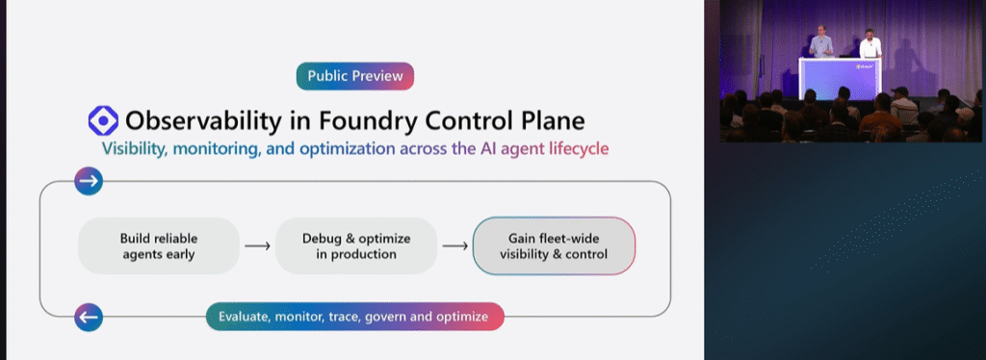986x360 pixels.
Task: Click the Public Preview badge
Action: pos(355,76)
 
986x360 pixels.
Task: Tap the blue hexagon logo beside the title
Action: pos(102,120)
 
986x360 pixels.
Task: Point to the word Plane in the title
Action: pos(549,121)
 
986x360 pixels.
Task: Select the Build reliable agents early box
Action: pos(158,245)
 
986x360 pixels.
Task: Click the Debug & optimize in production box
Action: pos(355,245)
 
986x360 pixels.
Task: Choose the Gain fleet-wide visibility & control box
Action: pos(554,245)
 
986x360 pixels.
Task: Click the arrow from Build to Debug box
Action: pos(257,246)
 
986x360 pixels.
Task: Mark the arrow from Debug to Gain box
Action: pos(454,246)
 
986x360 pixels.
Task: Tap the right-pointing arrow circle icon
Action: pos(89,181)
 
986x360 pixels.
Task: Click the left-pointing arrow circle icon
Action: pos(89,316)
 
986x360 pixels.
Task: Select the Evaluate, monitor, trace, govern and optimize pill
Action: pos(355,316)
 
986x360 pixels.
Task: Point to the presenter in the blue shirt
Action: pos(820,43)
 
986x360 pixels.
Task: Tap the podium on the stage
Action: pos(837,77)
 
